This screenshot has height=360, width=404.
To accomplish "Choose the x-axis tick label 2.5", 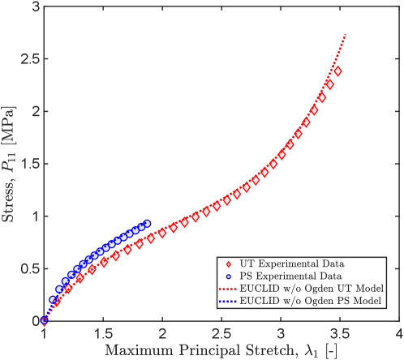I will (221, 333).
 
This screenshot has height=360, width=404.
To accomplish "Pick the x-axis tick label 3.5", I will (339, 333).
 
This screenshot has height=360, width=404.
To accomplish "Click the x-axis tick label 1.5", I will (103, 333).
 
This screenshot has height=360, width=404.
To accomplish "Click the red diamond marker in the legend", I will (228, 264).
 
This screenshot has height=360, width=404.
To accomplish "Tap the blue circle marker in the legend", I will (228, 276).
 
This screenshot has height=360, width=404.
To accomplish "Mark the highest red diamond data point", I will (337, 71).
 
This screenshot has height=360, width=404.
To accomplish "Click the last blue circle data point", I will (147, 223).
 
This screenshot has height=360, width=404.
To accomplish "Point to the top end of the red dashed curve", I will (347, 35).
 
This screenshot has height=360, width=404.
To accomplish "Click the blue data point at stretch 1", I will (44, 320).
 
